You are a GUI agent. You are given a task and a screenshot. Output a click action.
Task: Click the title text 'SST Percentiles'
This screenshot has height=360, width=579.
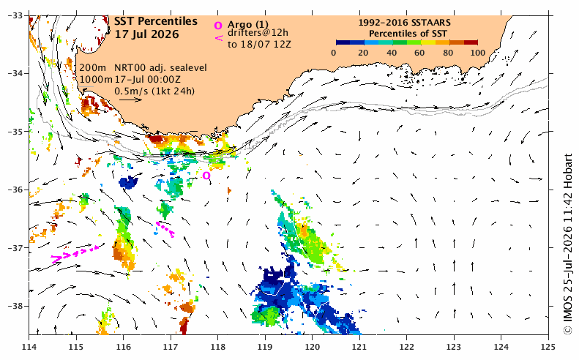(156, 22)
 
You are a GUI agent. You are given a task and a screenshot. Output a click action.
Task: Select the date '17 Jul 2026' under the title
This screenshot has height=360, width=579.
(146, 34)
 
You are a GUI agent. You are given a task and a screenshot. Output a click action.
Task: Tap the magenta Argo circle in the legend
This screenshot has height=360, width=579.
(218, 26)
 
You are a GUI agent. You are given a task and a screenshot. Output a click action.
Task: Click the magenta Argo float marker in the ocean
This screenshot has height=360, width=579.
(206, 176)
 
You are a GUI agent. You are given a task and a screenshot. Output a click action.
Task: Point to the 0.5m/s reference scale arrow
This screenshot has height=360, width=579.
(130, 100)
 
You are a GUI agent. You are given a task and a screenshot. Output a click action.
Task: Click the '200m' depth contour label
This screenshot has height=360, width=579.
(93, 68)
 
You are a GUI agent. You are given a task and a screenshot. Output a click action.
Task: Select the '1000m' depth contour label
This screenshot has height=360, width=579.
(96, 79)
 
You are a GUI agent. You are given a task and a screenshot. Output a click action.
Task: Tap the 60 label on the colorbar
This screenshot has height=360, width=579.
(419, 53)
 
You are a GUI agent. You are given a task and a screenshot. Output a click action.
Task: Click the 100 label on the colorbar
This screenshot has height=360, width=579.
(478, 53)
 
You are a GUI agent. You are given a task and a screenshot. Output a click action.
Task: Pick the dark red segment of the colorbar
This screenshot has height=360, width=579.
(471, 42)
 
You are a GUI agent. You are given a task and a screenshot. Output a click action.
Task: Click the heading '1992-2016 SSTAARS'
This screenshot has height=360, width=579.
(404, 23)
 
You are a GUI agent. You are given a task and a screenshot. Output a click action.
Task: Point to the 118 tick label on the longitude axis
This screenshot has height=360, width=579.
(217, 347)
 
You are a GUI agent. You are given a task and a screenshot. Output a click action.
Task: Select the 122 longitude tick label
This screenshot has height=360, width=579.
(406, 347)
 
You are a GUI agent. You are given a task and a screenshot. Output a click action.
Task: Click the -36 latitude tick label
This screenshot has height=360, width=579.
(15, 190)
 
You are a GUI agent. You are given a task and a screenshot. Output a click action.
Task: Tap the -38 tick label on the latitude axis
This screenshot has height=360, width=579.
(15, 306)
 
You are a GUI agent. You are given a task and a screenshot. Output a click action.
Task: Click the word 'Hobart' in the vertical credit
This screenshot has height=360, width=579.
(568, 170)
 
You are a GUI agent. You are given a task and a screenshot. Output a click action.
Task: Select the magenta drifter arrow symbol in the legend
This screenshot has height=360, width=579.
(219, 37)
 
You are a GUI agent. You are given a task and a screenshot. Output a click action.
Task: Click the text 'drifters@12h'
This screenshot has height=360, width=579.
(258, 33)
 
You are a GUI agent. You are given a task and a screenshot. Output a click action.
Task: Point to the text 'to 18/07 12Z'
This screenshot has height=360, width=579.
(259, 45)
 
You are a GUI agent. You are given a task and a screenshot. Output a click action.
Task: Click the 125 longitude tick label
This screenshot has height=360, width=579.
(548, 347)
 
